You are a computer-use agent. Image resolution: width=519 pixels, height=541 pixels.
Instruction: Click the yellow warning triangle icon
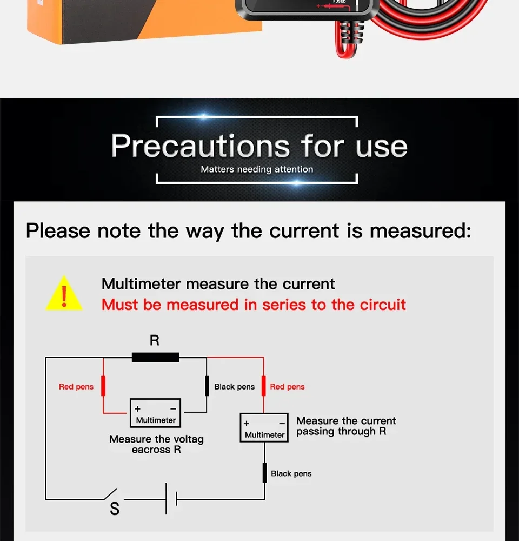64,294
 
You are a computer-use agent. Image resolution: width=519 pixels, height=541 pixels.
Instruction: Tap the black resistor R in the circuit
155,357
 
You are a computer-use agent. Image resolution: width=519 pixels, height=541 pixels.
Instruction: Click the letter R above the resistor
155,340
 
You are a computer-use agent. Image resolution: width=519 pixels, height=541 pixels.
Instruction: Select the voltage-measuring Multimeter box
156,413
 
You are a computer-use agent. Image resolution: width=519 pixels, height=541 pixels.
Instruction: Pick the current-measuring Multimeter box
264,427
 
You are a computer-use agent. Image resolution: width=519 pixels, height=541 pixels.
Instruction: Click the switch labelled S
111,494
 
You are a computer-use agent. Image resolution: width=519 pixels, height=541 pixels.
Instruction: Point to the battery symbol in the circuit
171,499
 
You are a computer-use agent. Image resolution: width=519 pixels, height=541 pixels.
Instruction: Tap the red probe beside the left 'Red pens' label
103,386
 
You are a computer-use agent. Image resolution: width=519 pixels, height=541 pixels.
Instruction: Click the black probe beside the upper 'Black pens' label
207,386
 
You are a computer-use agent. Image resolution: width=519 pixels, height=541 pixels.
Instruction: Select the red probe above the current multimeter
264,386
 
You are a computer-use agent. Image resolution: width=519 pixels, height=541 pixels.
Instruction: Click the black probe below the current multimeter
265,473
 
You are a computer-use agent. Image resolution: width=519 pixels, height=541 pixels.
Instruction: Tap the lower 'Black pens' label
291,473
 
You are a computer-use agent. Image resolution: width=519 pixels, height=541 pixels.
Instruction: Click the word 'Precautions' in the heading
201,146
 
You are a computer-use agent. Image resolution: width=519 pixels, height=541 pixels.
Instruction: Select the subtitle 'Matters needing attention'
257,169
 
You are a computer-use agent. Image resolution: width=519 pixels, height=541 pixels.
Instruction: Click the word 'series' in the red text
284,305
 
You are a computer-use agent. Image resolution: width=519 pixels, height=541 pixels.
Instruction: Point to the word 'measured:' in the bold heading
421,230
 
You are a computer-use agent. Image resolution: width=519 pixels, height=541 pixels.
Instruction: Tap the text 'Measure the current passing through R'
346,426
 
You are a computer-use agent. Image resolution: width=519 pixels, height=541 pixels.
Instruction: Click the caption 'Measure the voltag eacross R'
156,444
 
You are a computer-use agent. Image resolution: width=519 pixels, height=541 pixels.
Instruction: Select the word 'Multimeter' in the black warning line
141,284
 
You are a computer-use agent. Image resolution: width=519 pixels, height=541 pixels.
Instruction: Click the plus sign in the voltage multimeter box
138,409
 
